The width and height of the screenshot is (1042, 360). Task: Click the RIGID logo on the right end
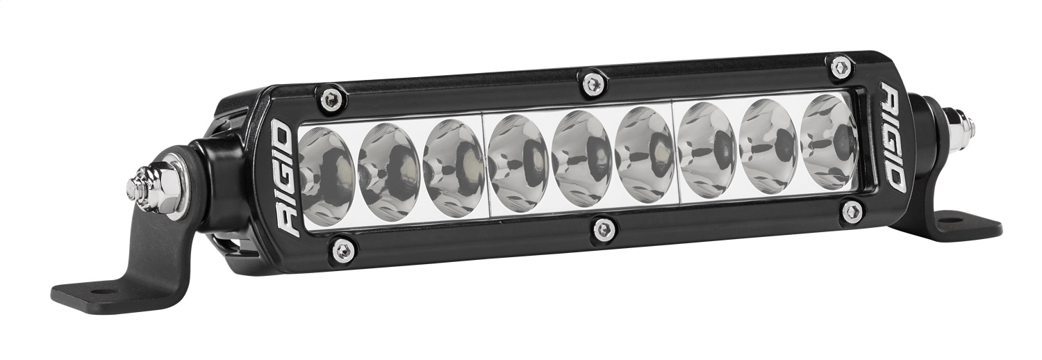tap(895, 136)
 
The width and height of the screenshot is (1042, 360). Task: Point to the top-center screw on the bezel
tap(592, 83)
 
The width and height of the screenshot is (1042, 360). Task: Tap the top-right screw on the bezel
tap(841, 67)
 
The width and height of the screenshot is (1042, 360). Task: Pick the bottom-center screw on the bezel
tap(605, 229)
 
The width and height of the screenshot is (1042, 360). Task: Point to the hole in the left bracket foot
tap(94, 291)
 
